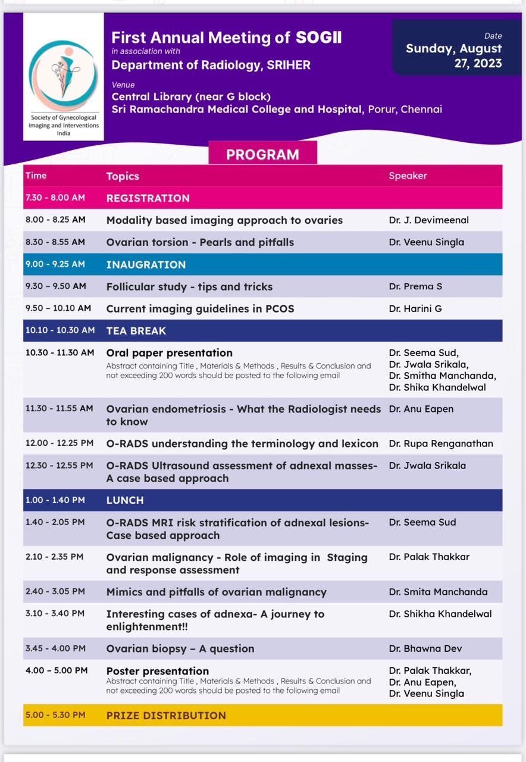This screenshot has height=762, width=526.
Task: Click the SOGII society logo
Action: click(x=63, y=76)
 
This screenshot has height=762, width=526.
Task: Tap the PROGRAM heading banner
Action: click(x=262, y=154)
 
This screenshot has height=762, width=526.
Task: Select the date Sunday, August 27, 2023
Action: click(x=453, y=56)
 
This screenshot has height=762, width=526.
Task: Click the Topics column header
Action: click(x=123, y=176)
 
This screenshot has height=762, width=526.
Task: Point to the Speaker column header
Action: click(x=408, y=176)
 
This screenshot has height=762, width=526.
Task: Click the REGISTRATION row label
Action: click(x=148, y=198)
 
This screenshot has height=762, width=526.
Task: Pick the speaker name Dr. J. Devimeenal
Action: click(x=428, y=220)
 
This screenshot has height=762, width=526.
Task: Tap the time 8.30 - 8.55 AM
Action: click(x=55, y=242)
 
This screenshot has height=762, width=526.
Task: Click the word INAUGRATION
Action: click(x=146, y=264)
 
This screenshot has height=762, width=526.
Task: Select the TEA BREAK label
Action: click(x=136, y=330)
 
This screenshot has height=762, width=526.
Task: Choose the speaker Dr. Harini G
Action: click(x=415, y=308)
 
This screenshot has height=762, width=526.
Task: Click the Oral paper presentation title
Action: click(x=169, y=353)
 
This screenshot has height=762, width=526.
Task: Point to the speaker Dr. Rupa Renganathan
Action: click(x=441, y=444)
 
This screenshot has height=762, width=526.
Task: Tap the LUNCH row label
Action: click(x=125, y=500)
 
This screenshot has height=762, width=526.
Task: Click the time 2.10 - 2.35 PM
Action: click(x=54, y=557)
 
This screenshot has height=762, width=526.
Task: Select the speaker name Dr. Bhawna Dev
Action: click(x=425, y=648)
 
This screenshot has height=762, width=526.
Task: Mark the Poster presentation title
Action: click(x=157, y=671)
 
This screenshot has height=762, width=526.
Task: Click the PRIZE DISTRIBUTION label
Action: click(x=166, y=716)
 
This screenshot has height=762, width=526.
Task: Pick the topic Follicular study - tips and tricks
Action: click(x=189, y=286)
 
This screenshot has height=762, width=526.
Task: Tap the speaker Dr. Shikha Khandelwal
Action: click(x=440, y=614)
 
